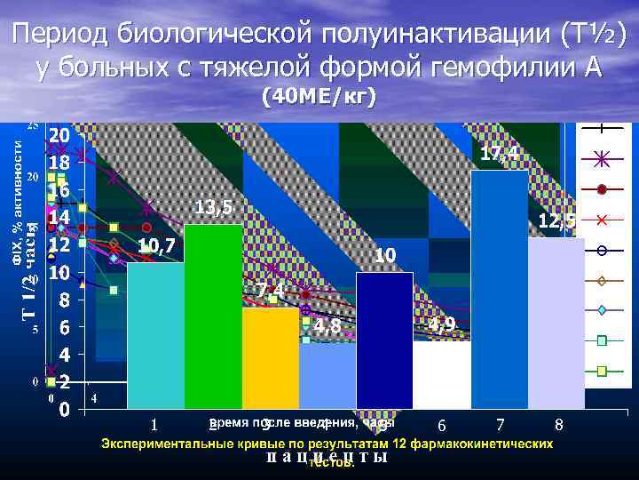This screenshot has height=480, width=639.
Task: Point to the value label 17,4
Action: tap(500, 155)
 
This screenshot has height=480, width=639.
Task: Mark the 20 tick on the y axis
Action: tap(59, 136)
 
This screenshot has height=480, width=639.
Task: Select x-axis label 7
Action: tap(501, 424)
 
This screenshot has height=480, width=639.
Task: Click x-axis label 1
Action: tap(154, 424)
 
